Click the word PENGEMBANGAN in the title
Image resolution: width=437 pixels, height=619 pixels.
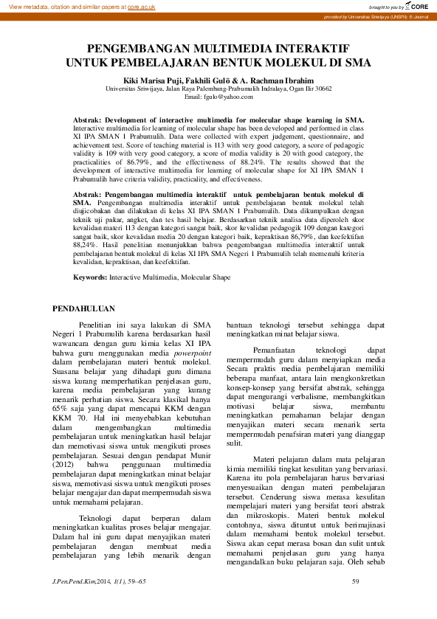tap(135, 49)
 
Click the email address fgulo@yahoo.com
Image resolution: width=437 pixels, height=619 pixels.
tap(218, 97)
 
